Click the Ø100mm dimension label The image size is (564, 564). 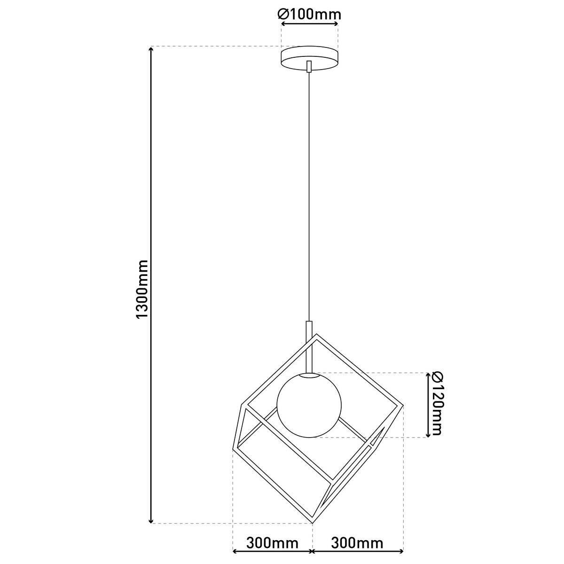[309, 15]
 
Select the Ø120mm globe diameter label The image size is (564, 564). [436, 404]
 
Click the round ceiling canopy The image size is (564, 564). [309, 58]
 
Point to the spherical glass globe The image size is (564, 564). [309, 405]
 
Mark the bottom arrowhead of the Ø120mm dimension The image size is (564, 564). [428, 433]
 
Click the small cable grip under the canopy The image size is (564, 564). [309, 67]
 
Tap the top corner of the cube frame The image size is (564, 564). [316, 335]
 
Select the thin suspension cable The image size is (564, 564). [309, 197]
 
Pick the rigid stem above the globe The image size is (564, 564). [309, 348]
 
